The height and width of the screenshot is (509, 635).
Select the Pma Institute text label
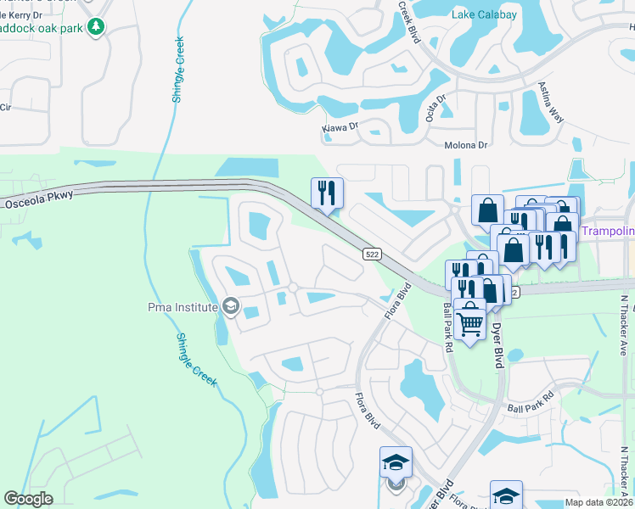click(x=182, y=307)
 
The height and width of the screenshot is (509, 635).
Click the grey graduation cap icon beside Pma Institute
click(x=230, y=306)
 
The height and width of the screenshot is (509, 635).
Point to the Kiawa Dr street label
click(x=340, y=128)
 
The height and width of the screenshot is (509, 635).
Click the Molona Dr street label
click(x=466, y=145)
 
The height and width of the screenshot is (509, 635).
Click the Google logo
click(x=28, y=499)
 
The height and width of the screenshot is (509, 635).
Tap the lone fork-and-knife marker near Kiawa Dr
click(x=327, y=193)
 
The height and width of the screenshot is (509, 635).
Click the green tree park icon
click(x=98, y=26)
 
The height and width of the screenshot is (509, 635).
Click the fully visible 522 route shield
click(x=371, y=254)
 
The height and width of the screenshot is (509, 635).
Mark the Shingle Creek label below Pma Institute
click(x=198, y=360)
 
